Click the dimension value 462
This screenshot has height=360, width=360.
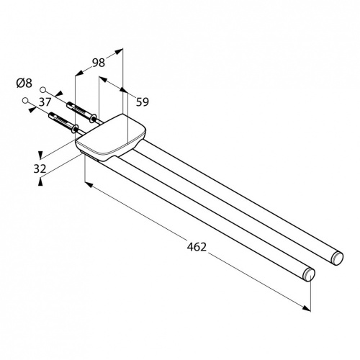click(197, 247)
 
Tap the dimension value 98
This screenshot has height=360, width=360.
click(99, 63)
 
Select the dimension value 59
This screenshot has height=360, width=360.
click(143, 102)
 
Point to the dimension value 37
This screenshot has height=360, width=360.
click(45, 102)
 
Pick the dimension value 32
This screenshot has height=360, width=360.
click(40, 168)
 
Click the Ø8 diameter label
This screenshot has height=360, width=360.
click(24, 84)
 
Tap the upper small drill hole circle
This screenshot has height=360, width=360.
click(43, 90)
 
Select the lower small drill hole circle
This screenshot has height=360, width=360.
click(25, 100)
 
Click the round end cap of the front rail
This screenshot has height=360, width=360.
click(309, 274)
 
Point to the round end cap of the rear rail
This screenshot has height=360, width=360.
click(337, 258)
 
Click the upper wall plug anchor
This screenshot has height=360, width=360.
click(81, 112)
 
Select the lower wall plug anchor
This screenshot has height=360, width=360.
click(64, 122)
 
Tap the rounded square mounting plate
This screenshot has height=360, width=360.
click(111, 138)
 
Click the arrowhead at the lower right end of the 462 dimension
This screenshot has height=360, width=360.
click(307, 308)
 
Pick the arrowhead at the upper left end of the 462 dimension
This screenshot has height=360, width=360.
click(89, 184)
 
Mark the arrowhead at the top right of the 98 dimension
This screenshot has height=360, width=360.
click(119, 51)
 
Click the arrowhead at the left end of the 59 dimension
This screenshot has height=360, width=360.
click(103, 78)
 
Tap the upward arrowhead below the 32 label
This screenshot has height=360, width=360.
click(40, 181)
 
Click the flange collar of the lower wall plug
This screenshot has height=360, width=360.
click(76, 129)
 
